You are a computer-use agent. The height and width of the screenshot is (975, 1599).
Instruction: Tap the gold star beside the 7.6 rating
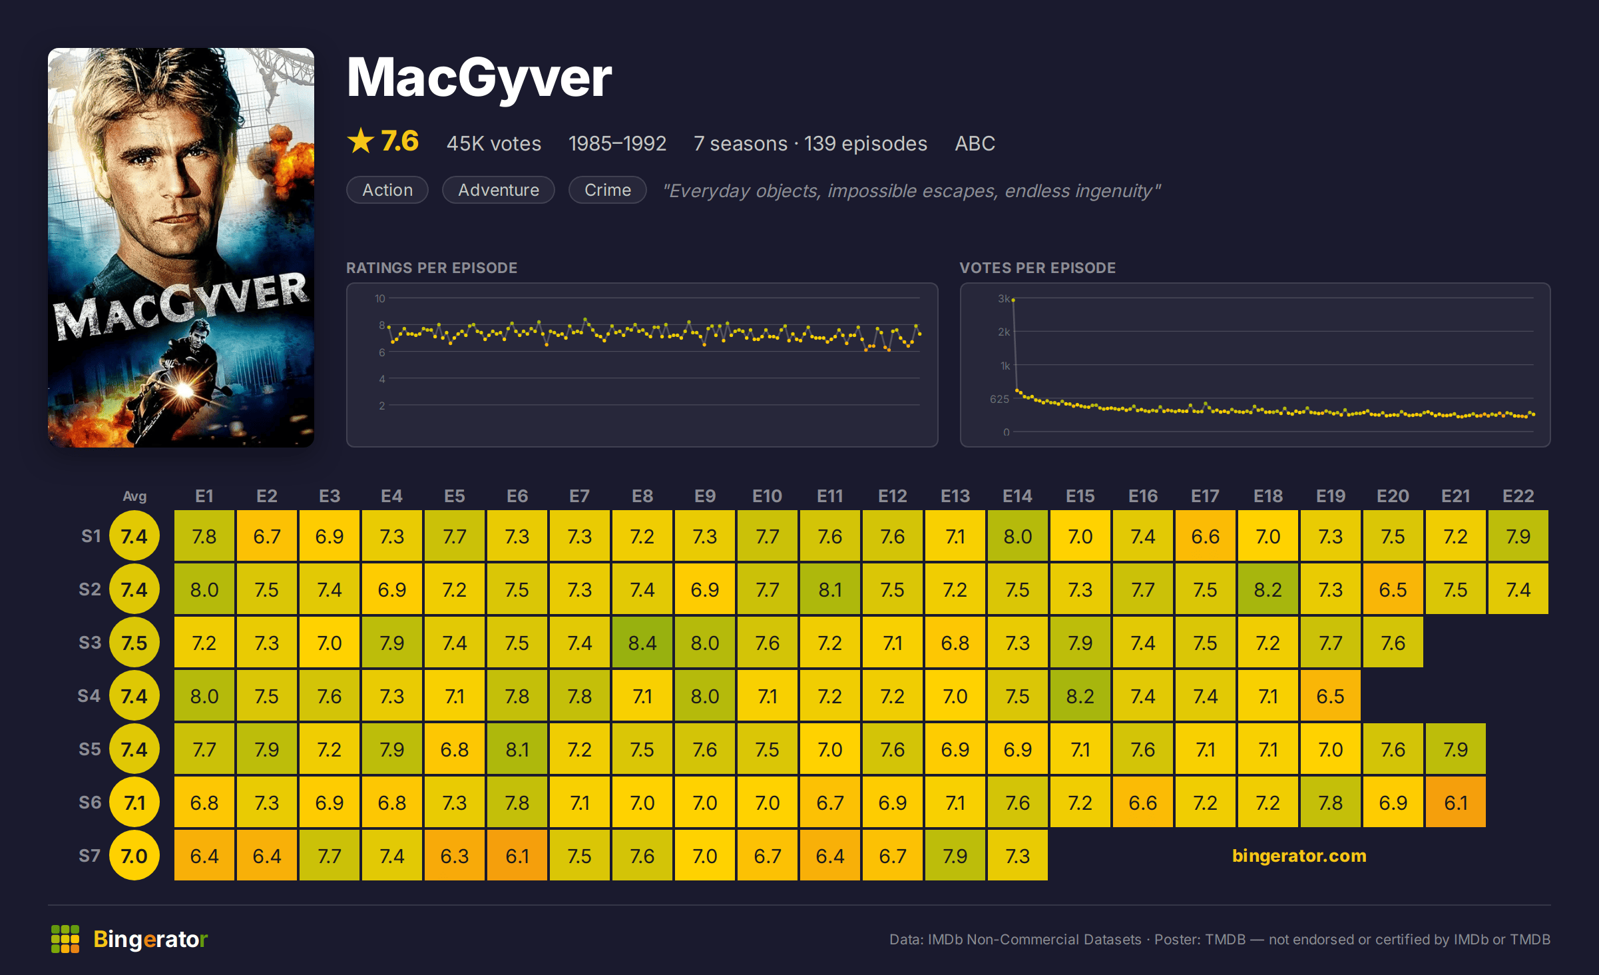pos(361,141)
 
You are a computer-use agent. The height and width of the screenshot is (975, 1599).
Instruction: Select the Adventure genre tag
pos(499,190)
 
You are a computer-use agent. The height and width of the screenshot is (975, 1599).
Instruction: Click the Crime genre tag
pos(608,190)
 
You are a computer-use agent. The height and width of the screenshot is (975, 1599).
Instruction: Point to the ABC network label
pos(975,143)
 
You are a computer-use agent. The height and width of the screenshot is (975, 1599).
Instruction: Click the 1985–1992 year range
pos(617,143)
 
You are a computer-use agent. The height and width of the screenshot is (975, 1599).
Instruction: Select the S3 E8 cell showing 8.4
pos(642,643)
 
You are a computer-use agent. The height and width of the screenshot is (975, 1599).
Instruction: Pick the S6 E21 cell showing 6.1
pos(1456,803)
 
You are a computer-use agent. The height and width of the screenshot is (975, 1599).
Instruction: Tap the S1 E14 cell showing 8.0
pos(1018,536)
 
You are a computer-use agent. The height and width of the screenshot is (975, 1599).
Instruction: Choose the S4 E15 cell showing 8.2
pos(1080,696)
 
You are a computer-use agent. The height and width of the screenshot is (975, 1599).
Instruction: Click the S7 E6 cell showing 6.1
pos(517,856)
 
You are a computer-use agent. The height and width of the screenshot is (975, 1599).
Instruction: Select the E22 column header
pos(1518,496)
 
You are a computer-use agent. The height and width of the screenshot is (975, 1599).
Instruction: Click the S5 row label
pos(90,749)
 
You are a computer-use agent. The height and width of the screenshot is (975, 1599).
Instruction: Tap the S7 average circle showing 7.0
pos(134,856)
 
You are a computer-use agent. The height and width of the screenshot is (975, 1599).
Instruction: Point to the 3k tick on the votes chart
pos(1004,298)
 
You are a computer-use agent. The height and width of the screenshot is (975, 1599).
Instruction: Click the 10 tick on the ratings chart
pos(379,298)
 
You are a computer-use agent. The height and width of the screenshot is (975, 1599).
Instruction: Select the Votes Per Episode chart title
pos(1037,268)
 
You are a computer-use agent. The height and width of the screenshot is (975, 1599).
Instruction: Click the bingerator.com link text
pos(1299,856)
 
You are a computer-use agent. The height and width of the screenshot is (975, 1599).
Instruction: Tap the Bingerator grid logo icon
pos(65,939)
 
